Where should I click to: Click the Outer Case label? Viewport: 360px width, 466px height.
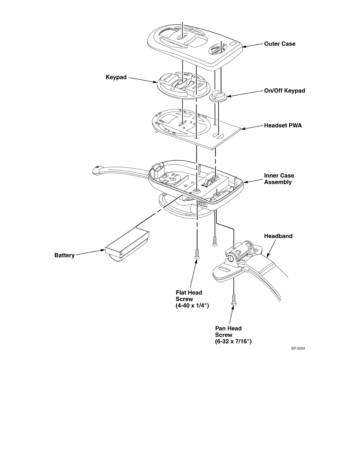pyautogui.click(x=279, y=44)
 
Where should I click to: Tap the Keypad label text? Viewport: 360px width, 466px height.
pyautogui.click(x=116, y=77)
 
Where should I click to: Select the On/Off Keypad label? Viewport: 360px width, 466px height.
pyautogui.click(x=284, y=91)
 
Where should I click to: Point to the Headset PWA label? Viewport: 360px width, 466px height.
pyautogui.click(x=283, y=126)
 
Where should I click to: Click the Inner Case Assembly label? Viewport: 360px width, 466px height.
pyautogui.click(x=279, y=179)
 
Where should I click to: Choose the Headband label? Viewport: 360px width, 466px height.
pyautogui.click(x=278, y=236)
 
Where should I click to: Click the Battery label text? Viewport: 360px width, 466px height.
pyautogui.click(x=64, y=255)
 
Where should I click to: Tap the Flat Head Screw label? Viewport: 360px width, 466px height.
pyautogui.click(x=192, y=299)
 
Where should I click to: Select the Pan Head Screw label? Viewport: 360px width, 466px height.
pyautogui.click(x=233, y=335)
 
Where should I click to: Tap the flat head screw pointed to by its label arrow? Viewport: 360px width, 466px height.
pyautogui.click(x=197, y=254)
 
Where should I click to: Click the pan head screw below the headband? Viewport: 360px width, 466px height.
pyautogui.click(x=234, y=300)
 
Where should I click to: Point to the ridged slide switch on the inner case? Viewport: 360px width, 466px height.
pyautogui.click(x=202, y=204)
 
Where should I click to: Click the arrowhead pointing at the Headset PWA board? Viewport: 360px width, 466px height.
pyautogui.click(x=242, y=129)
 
